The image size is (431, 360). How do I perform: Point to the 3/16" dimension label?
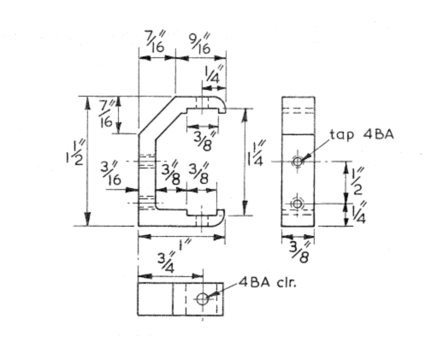(109, 172)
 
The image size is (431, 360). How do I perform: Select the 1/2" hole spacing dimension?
(357, 180)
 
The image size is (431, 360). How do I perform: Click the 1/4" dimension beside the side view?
(357, 214)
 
